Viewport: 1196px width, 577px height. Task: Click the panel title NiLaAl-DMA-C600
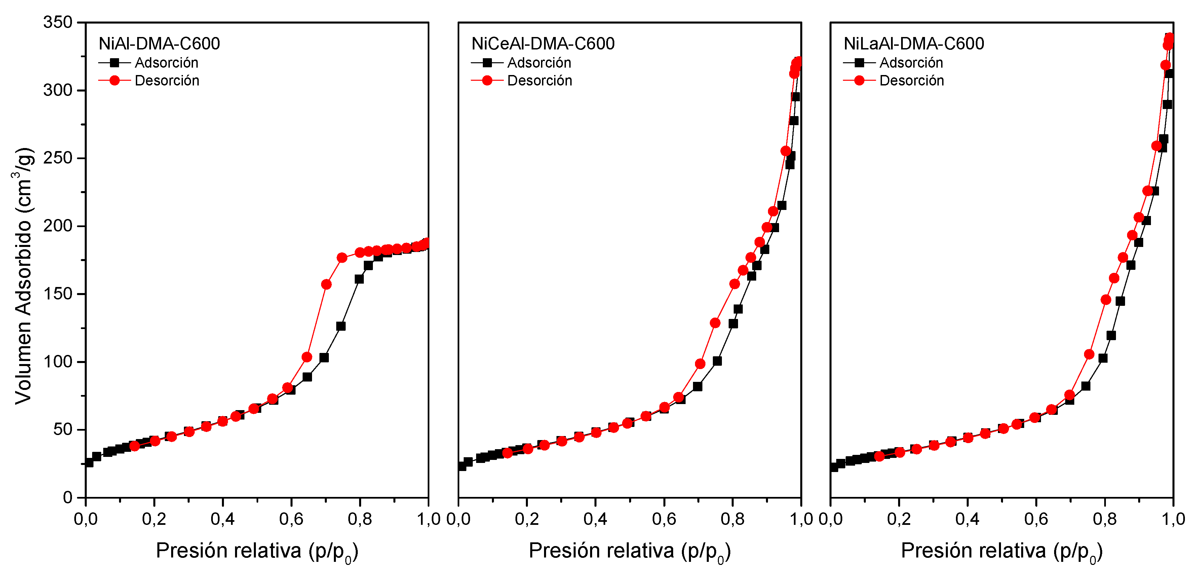click(913, 44)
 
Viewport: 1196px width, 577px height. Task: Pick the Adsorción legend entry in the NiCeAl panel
click(539, 63)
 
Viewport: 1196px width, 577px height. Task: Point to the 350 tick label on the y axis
click(57, 22)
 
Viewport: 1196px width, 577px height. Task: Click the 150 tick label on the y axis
click(57, 294)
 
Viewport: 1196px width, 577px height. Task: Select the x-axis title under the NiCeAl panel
click(629, 551)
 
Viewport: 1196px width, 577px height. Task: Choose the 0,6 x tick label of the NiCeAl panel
click(664, 519)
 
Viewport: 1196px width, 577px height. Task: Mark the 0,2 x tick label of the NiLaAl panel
click(899, 519)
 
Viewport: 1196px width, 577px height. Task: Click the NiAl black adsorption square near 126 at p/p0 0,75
click(341, 326)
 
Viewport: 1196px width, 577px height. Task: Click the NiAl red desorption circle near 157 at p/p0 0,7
click(326, 284)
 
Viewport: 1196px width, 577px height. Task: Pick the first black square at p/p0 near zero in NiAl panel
click(89, 463)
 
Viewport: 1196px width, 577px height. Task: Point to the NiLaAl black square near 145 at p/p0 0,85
click(1120, 301)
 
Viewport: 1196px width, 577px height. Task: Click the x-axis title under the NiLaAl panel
click(1001, 551)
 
